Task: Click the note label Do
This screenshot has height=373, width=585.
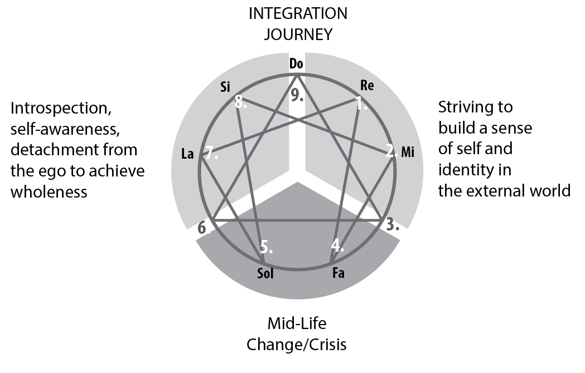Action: (296, 64)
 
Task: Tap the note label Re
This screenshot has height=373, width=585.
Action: (367, 86)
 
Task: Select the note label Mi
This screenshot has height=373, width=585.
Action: (408, 151)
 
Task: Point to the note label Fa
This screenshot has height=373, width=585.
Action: (337, 274)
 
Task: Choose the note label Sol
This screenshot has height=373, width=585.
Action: (265, 274)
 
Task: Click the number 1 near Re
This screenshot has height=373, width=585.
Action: (362, 103)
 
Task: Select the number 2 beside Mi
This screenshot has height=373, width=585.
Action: (390, 151)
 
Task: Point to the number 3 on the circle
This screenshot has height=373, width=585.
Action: (393, 224)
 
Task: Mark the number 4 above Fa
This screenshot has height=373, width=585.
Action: (337, 245)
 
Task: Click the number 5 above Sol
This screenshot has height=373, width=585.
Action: (266, 246)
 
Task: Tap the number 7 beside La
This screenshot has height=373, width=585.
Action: (211, 154)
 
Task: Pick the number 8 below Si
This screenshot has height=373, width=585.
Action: (240, 102)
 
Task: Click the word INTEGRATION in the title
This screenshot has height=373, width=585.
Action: (298, 13)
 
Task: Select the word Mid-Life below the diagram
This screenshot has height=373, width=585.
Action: (296, 323)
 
